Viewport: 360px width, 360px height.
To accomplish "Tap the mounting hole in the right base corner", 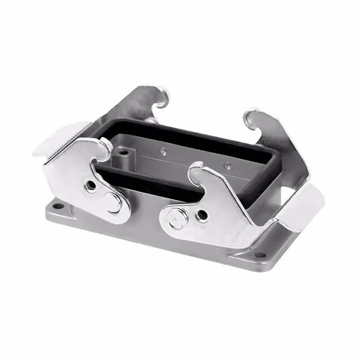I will (x=258, y=255).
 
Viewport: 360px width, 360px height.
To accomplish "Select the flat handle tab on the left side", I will (x=53, y=138).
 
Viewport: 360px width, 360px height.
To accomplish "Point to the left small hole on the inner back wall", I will (x=163, y=150).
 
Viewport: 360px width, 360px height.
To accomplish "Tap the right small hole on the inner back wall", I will (x=228, y=165).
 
